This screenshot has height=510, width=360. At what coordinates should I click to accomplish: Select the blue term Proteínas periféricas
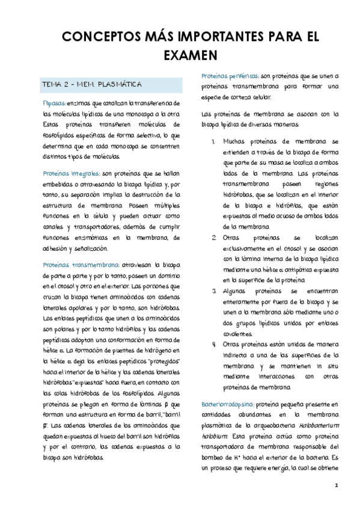(x=230, y=76)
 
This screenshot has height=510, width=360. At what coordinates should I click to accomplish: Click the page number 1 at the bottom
(x=337, y=485)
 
